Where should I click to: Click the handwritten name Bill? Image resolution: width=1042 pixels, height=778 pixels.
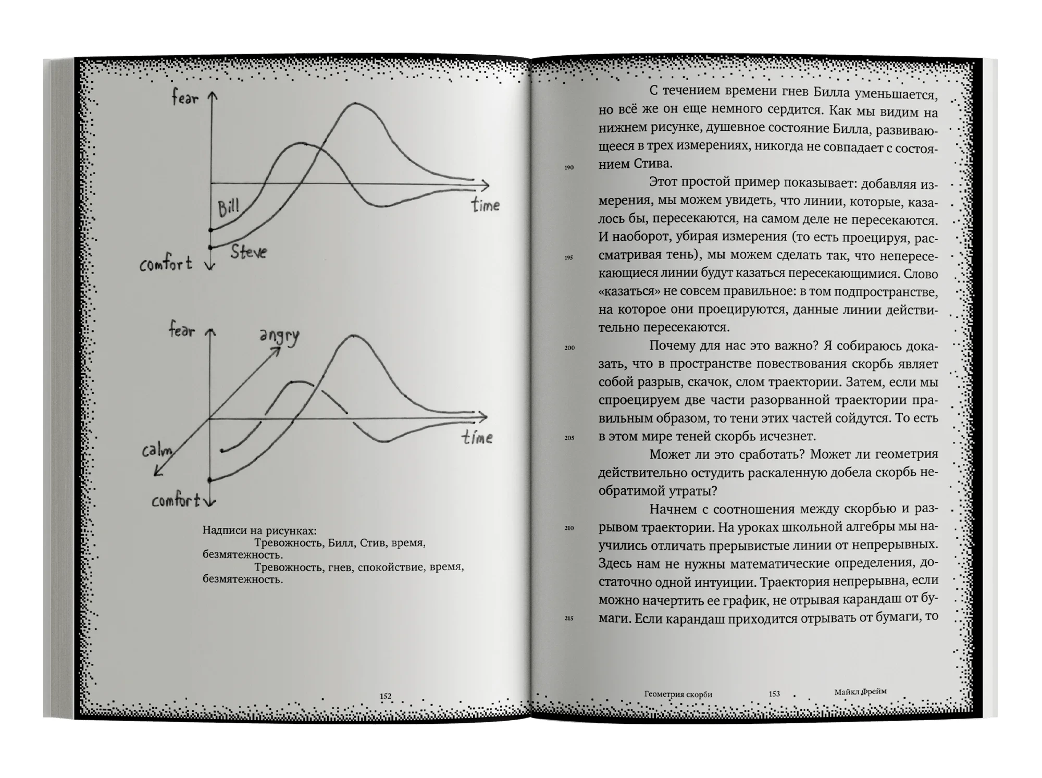pos(228,207)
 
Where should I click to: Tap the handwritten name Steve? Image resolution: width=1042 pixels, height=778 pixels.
pos(249,252)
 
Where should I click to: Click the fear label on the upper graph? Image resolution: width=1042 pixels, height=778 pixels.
pos(185,97)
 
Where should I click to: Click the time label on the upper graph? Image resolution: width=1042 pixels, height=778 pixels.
pos(485,205)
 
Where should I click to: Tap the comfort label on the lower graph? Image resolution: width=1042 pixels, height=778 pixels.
pos(176,501)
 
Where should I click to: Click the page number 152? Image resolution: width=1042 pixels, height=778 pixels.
pos(386,696)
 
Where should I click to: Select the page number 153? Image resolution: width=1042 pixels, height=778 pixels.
pos(774,694)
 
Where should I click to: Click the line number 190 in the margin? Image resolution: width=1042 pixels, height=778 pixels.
pos(569,167)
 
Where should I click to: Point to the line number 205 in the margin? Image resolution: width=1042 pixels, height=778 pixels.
pos(569,438)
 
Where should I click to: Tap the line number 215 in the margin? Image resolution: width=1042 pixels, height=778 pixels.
pos(569,618)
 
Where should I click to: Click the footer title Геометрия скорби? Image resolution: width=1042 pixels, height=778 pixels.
pos(678,694)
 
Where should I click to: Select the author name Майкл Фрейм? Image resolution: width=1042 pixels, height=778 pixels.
pos(860,692)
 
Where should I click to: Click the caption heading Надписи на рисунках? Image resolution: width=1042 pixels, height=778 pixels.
pos(259,530)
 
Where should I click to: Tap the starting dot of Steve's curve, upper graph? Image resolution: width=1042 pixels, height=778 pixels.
pos(210,247)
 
